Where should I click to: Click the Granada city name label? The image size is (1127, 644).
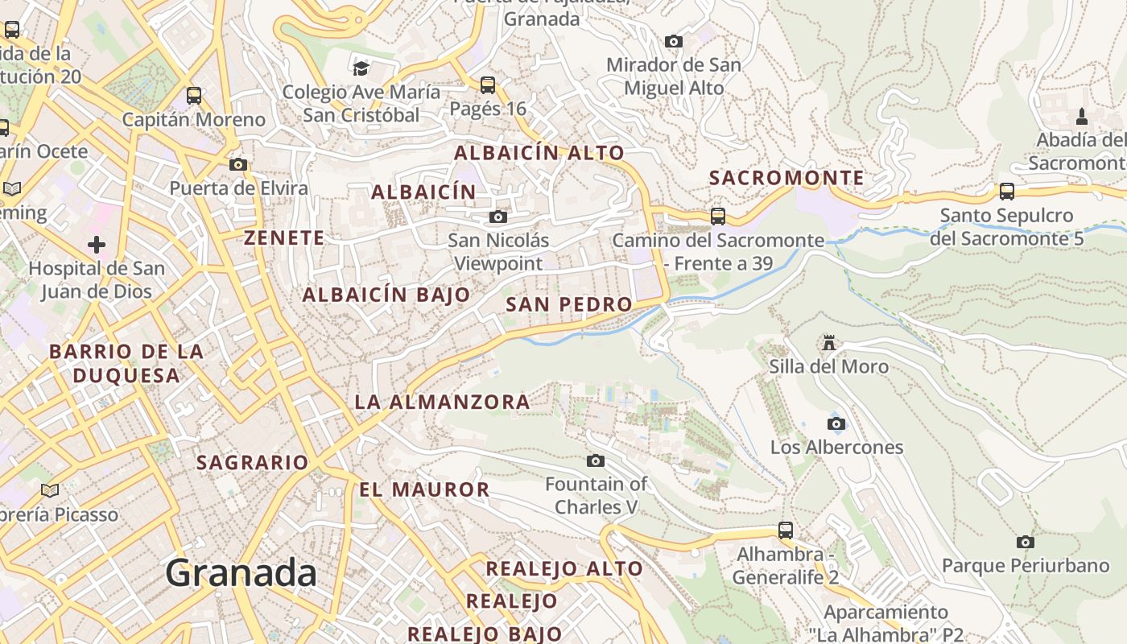click(x=241, y=573)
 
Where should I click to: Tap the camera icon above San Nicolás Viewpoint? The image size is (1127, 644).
click(x=498, y=217)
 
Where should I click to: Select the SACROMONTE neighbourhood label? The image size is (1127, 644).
click(x=786, y=178)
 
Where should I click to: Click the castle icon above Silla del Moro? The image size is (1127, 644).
click(x=828, y=343)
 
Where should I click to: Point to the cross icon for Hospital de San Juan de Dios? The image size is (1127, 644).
click(x=97, y=244)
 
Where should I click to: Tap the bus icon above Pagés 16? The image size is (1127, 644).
click(x=487, y=85)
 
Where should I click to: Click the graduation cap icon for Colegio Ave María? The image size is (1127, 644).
click(x=361, y=68)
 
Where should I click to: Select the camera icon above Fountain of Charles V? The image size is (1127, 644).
click(x=596, y=460)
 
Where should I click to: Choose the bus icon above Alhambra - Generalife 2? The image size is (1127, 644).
click(x=786, y=530)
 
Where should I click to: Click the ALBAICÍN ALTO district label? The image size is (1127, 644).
click(x=539, y=153)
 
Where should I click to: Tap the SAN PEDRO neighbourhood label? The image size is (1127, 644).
click(x=569, y=304)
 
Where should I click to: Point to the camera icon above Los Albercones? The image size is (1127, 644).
click(x=836, y=423)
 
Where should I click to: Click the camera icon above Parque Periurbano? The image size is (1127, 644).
click(x=1025, y=542)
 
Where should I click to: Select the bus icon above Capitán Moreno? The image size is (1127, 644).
click(x=194, y=96)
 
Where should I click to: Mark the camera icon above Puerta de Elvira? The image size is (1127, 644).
click(x=238, y=164)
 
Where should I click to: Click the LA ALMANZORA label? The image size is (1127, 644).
click(x=442, y=402)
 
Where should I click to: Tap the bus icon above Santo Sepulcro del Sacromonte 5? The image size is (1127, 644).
click(x=1006, y=191)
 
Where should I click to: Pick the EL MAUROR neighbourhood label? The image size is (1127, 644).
click(x=424, y=489)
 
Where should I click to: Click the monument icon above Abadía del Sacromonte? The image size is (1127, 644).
click(x=1082, y=116)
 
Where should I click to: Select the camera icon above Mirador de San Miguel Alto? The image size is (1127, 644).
click(x=674, y=41)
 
